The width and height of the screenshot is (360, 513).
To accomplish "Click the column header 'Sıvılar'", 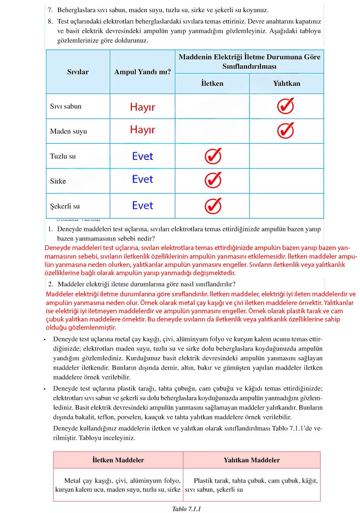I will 78,72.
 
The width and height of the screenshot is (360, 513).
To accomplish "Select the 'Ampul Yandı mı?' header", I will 142,72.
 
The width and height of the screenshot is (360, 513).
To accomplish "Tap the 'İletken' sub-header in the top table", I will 212,83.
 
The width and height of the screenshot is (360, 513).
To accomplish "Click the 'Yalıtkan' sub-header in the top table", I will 286,83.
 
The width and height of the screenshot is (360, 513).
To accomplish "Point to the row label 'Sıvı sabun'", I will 65,106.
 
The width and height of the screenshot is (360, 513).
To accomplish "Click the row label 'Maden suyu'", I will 68,131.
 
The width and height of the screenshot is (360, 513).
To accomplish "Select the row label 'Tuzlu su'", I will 63,156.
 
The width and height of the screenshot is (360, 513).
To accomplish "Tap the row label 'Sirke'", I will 58,181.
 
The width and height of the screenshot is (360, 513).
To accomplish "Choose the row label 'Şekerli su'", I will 65,206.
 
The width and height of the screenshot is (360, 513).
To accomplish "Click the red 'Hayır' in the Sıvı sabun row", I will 142,107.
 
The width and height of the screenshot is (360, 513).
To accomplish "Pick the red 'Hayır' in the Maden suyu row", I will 142,130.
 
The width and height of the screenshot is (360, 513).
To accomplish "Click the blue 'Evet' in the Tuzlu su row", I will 143,156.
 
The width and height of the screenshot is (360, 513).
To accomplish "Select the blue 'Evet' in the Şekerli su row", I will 143,205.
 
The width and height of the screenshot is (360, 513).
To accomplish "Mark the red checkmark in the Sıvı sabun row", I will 285,105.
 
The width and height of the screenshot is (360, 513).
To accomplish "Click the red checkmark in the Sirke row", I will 213,180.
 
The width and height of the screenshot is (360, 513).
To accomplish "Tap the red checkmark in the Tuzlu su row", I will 213,156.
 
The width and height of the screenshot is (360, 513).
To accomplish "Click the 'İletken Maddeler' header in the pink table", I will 118,460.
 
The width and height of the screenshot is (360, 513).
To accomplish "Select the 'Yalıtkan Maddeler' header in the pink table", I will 252,460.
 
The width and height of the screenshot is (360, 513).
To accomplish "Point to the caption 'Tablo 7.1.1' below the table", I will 187,509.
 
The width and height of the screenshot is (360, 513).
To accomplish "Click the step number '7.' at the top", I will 50,9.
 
